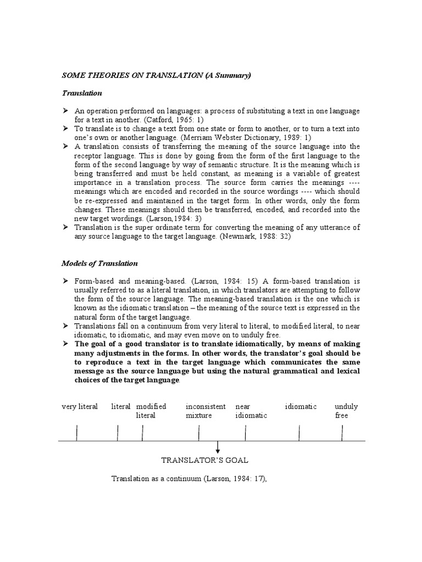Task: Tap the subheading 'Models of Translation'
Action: (x=99, y=263)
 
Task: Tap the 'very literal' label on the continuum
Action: (x=79, y=407)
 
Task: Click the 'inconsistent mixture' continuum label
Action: (x=205, y=411)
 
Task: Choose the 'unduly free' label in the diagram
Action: (x=346, y=411)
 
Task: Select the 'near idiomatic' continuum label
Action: (x=251, y=411)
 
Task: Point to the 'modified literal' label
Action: (x=151, y=411)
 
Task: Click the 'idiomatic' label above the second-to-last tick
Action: (x=301, y=407)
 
